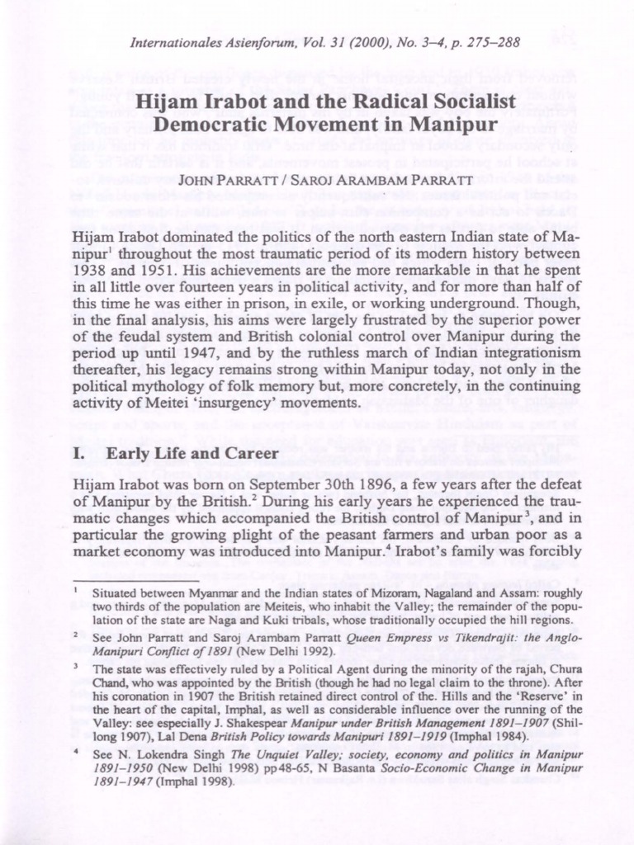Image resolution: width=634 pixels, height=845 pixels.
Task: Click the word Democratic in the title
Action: coord(221,126)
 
